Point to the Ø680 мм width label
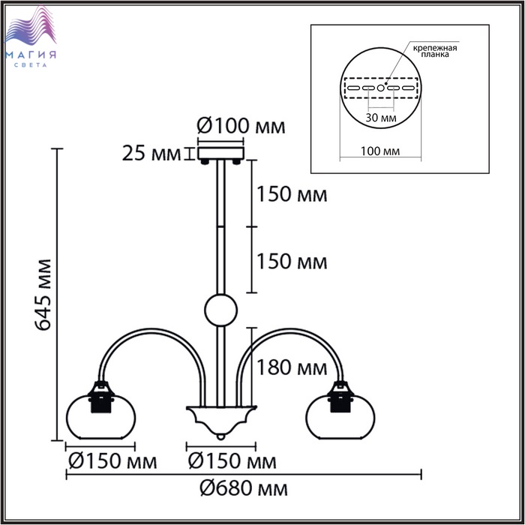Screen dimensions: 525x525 tap(244, 489)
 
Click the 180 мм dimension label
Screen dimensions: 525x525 tap(292, 367)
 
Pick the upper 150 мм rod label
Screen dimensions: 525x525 tap(292, 194)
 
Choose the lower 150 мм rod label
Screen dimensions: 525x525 tap(292, 262)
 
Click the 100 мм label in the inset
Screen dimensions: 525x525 tap(379, 151)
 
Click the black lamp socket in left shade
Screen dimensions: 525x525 tap(100, 397)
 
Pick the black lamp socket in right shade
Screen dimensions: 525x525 tap(342, 397)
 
